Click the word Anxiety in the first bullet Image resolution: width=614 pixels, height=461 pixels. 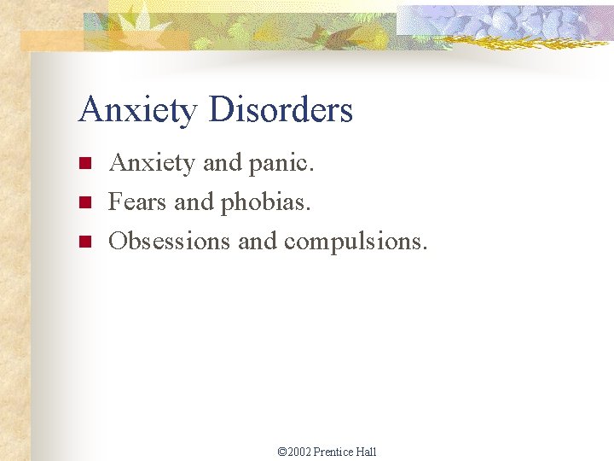[152, 163]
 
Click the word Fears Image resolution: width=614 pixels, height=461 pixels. [138, 202]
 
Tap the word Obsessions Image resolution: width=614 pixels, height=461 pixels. [170, 242]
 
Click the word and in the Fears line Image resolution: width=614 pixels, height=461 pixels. [194, 202]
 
